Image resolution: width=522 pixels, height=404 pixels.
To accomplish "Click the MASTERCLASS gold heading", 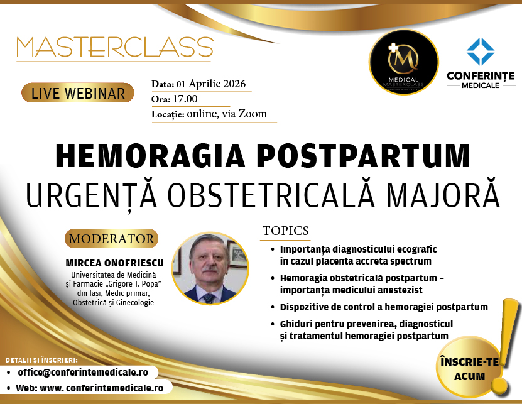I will (115, 48).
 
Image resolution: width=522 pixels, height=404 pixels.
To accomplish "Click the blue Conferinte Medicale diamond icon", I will (481, 52).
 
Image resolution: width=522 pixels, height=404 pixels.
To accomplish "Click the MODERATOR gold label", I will (111, 239).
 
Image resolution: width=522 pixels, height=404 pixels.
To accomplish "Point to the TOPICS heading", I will (286, 231).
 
